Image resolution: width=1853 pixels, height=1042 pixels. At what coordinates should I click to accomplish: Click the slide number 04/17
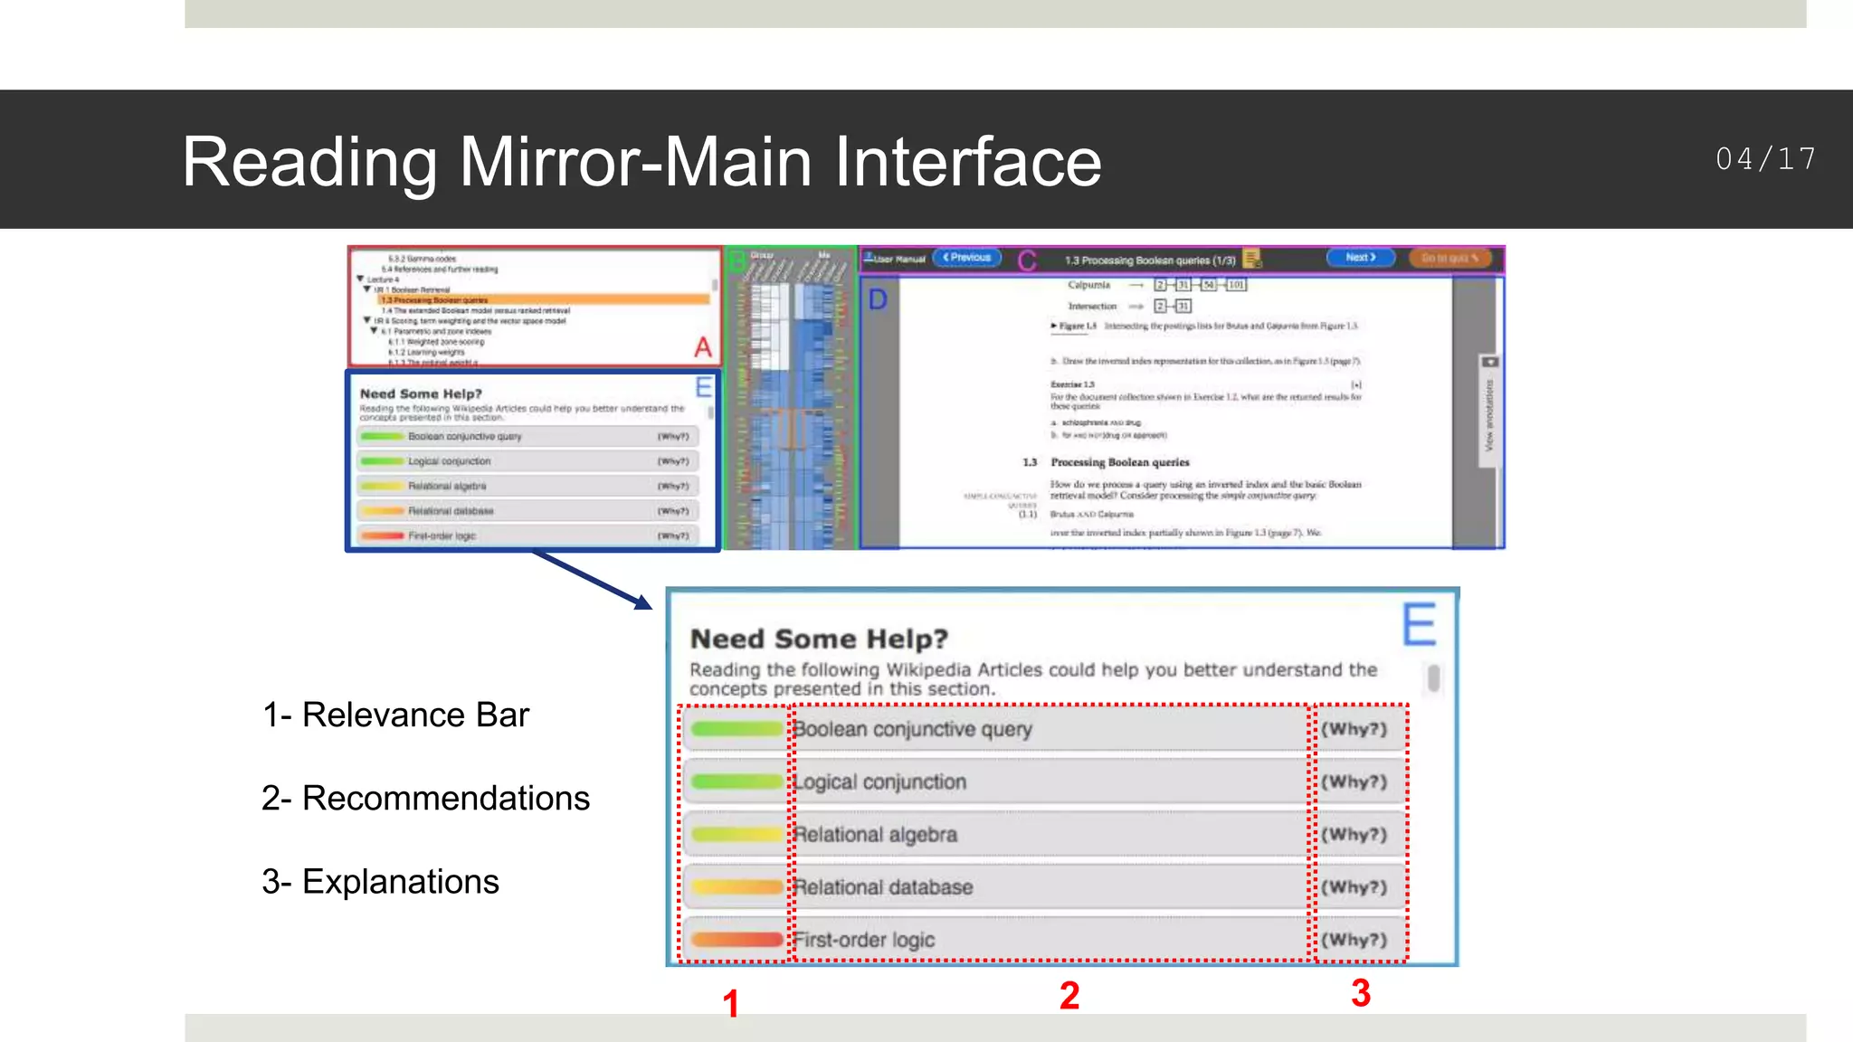1765,160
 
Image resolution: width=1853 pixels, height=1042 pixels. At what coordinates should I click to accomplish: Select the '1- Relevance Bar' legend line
395,715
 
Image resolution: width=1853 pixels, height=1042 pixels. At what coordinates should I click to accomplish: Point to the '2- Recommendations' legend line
425,799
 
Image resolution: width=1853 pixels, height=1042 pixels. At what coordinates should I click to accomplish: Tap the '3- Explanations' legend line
380,882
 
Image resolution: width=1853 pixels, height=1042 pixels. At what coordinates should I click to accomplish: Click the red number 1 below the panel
731,1004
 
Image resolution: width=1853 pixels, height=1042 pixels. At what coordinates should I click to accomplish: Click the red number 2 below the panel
1069,996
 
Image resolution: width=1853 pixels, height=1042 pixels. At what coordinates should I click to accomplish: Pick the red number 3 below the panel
1361,993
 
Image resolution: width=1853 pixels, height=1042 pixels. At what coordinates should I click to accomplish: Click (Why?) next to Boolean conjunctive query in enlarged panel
1354,729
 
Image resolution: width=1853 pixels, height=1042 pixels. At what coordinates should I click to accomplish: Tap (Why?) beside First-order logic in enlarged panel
1354,940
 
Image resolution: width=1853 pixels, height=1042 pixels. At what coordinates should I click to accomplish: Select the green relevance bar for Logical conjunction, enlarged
736,781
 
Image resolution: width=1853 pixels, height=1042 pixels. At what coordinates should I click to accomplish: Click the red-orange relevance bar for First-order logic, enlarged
736,940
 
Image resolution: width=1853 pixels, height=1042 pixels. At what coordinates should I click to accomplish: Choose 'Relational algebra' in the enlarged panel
875,835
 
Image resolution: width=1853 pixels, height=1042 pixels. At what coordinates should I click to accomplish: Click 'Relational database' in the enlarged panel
883,887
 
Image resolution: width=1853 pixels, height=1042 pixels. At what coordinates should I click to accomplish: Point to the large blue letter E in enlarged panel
1419,624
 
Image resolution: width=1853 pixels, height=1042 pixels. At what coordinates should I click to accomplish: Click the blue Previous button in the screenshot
967,258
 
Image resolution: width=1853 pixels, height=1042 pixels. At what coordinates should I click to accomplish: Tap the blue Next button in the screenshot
1360,258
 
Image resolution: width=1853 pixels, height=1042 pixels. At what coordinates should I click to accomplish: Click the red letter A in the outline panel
703,346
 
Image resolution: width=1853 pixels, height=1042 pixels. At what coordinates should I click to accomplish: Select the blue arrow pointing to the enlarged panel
593,580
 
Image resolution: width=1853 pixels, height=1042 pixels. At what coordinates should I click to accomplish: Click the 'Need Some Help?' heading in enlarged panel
819,639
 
